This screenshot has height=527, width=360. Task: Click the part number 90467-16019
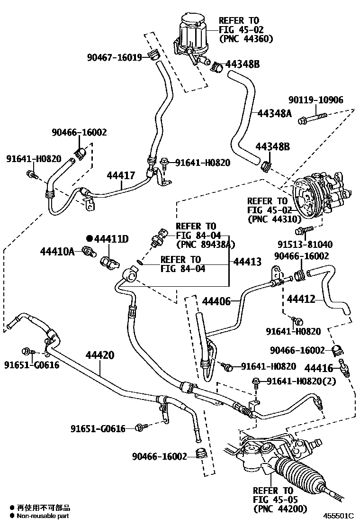[x=114, y=57]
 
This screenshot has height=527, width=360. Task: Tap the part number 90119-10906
[x=316, y=100]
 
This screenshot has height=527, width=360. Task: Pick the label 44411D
[x=110, y=239]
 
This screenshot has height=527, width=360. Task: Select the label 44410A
[x=57, y=251]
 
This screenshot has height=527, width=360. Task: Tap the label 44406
[x=216, y=300]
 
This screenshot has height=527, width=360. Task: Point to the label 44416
[x=319, y=367]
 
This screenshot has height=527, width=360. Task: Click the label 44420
[x=99, y=354]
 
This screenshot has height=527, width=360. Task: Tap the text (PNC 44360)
[x=245, y=39]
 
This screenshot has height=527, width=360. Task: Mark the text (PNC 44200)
[x=280, y=509]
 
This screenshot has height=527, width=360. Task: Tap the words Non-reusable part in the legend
[x=43, y=516]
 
